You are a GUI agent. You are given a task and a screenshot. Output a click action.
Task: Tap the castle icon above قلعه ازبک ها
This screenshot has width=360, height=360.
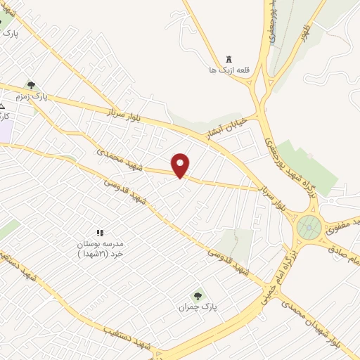[x=229, y=59]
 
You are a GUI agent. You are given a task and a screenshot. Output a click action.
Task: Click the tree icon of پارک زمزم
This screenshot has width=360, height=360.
[x=30, y=85]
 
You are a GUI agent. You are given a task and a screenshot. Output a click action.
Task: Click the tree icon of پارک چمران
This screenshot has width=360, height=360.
[x=198, y=297]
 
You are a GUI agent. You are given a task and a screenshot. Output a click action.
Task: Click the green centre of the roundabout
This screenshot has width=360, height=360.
[x=309, y=227]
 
